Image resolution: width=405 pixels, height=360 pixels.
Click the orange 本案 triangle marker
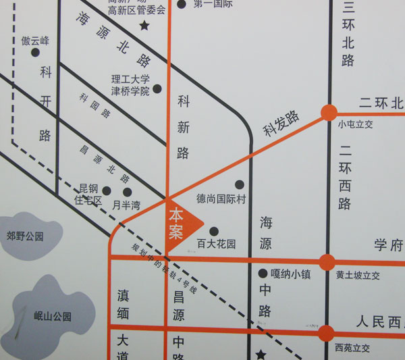pos(181,223)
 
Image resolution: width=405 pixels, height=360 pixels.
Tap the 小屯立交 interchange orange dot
pos(329,113)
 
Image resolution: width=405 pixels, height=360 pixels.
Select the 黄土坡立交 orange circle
pos(327,262)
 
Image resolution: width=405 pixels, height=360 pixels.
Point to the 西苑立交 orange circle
pos(327,332)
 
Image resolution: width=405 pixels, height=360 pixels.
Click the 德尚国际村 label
pos(222,200)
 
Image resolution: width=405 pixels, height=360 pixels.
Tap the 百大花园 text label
pos(216,244)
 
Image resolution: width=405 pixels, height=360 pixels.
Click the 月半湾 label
pos(126,205)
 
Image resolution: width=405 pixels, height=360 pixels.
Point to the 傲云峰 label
pos(35,41)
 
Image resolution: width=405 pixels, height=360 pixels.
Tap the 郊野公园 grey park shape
pos(25,236)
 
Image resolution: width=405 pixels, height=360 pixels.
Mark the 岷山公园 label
pos(52,316)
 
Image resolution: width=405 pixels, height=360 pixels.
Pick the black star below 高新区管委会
pos(144,26)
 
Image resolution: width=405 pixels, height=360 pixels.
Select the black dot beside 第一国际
pos(181,4)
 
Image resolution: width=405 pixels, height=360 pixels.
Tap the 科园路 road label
pos(94,107)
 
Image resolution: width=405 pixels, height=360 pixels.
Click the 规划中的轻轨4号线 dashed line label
pos(165,266)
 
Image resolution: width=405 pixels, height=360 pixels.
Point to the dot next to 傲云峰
pos(34,71)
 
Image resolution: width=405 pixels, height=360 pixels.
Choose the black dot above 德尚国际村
pos(239,184)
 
